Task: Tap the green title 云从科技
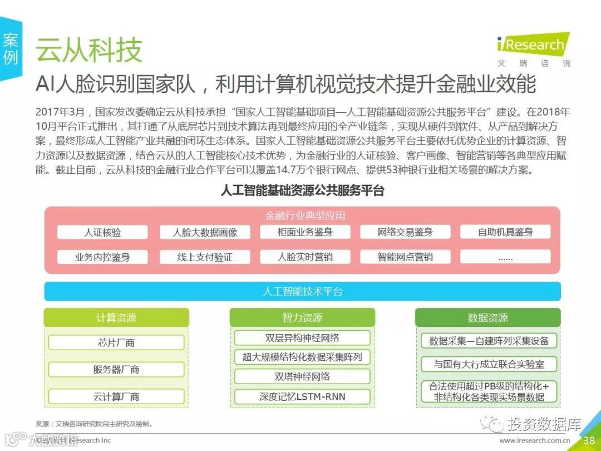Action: coord(89,50)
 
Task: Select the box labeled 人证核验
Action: coord(102,232)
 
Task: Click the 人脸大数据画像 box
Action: coord(205,232)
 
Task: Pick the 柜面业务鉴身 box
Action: coord(305,232)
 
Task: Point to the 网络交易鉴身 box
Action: coord(405,232)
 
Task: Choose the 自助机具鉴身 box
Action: coord(505,232)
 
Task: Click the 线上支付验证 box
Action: coord(205,257)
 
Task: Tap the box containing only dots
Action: coord(505,257)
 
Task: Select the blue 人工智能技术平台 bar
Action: coord(303,291)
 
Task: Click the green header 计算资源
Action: coord(116,317)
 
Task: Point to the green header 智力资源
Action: coord(302,317)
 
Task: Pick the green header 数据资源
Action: coord(488,317)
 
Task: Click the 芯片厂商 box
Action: coord(116,342)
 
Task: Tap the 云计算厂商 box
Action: coord(116,396)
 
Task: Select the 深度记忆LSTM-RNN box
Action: coord(302,396)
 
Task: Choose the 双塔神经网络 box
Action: coord(302,376)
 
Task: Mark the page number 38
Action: coord(589,440)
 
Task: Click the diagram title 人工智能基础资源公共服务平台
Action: coord(302,191)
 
